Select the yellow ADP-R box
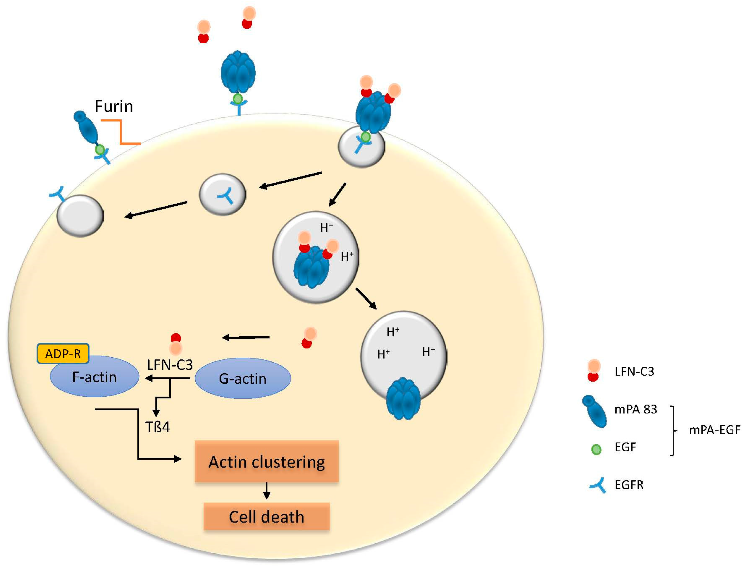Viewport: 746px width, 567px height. click(x=63, y=353)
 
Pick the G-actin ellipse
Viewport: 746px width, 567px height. click(x=243, y=379)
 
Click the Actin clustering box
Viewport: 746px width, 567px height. click(x=267, y=461)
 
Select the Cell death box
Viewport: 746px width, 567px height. click(x=267, y=517)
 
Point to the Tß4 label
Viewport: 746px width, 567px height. click(x=158, y=427)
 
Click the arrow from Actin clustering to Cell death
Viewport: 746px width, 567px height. click(x=267, y=491)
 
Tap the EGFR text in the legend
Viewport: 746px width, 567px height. click(x=629, y=485)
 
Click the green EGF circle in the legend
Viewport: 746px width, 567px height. click(x=596, y=449)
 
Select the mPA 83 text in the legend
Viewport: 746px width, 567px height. click(x=636, y=409)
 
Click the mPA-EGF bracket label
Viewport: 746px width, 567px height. click(x=714, y=430)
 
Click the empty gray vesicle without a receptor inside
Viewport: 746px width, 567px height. click(x=80, y=216)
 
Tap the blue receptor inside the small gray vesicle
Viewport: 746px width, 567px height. click(x=225, y=195)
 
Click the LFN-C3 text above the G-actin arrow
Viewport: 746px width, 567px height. click(x=170, y=365)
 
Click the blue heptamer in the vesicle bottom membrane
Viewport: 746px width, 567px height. click(x=403, y=399)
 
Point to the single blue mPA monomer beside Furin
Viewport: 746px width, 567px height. click(x=86, y=128)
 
